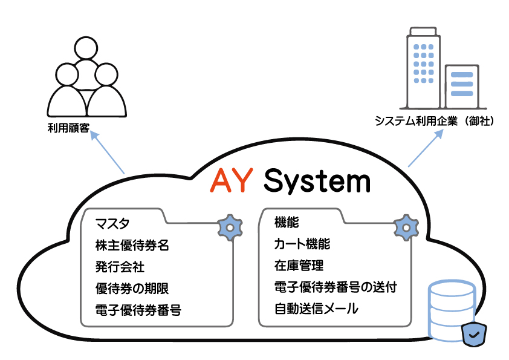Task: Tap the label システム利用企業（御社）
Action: point(435,122)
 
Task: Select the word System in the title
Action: point(317,181)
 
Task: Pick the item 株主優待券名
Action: point(132,246)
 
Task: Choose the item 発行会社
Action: point(120,267)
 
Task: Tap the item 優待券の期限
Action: point(132,288)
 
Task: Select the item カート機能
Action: point(302,244)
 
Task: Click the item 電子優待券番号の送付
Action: point(336,287)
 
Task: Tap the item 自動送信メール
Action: point(316,309)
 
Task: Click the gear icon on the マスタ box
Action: point(229,227)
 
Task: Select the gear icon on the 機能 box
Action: point(406,227)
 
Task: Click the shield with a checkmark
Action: point(474,333)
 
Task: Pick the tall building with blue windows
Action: point(424,67)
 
